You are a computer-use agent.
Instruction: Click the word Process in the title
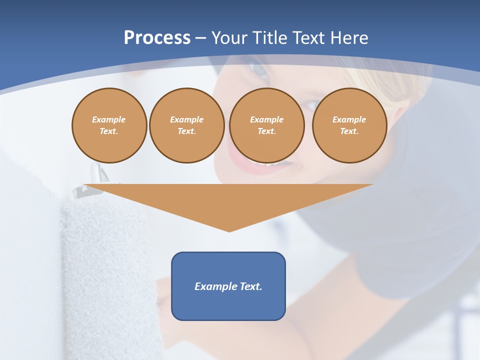coord(157,38)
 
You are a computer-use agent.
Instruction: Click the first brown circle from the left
coord(109,125)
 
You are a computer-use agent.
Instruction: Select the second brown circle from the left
coord(186,125)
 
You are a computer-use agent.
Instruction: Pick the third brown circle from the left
coord(266,125)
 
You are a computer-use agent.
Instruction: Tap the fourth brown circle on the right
coord(349,125)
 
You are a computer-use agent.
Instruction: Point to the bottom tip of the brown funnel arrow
coord(229,230)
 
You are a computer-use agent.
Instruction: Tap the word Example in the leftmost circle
coord(109,120)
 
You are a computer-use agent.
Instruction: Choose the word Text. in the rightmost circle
coord(349,131)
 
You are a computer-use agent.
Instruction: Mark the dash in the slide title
coord(200,38)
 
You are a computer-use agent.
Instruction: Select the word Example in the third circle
coord(266,120)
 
